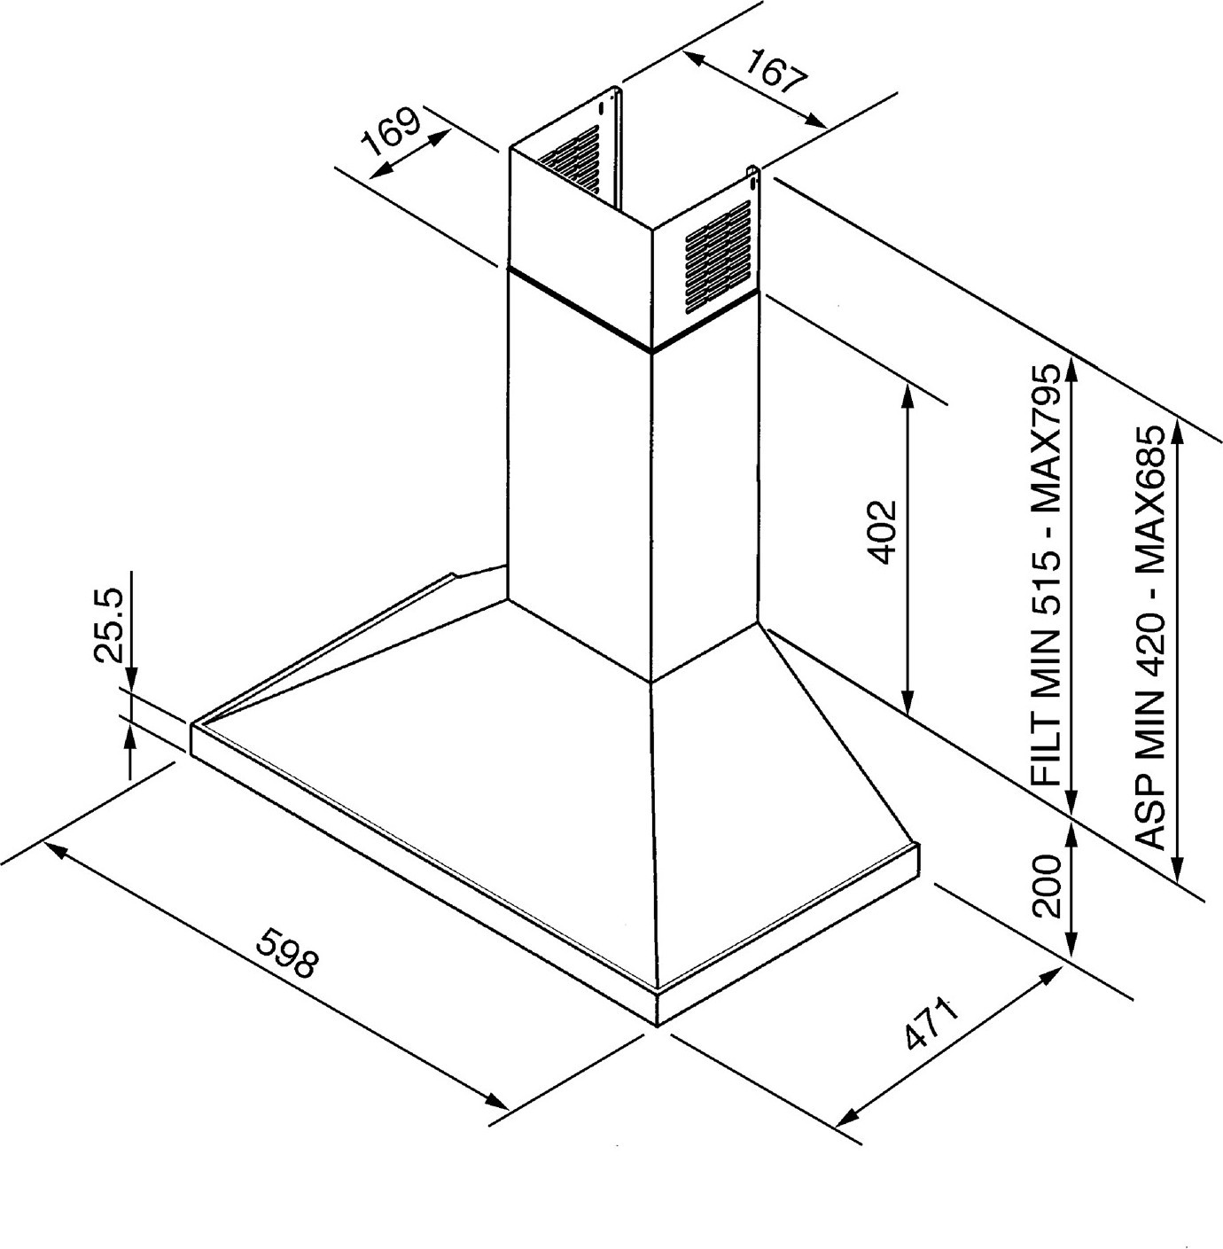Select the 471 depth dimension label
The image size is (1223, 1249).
(x=931, y=1023)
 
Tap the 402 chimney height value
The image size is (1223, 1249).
(x=884, y=532)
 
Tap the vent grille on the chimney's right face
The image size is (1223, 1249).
(x=718, y=257)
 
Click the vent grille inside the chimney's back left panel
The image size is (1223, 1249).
(x=571, y=160)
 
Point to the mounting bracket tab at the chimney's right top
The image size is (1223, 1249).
(x=752, y=178)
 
